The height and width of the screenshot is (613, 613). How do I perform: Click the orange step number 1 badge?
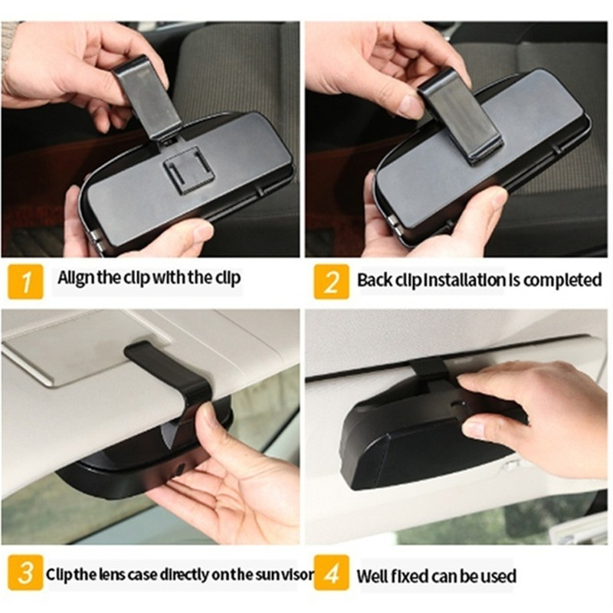click(25, 281)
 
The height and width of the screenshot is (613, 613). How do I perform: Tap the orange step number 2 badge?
click(331, 281)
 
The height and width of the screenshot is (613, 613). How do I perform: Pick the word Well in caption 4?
click(372, 576)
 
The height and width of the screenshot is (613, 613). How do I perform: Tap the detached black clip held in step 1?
click(148, 98)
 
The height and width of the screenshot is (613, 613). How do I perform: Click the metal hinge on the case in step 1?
click(97, 242)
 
